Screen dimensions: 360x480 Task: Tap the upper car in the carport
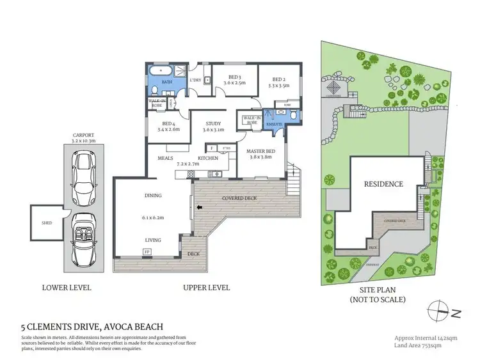click(84, 175)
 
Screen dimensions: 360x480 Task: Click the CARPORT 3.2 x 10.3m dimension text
click(84, 139)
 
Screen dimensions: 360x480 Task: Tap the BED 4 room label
click(168, 126)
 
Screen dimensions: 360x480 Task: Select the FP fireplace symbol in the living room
click(148, 253)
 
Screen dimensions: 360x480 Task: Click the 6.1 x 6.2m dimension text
click(152, 217)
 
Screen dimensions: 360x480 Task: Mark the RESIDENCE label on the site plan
click(384, 184)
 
